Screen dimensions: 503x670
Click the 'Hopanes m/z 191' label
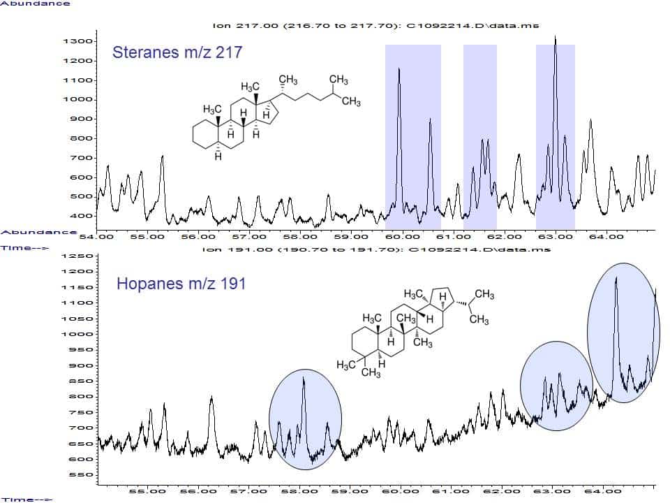(x=181, y=284)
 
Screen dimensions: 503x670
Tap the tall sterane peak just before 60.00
(x=399, y=69)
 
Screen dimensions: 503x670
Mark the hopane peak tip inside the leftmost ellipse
(x=304, y=379)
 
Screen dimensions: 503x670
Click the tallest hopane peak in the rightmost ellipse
(x=616, y=279)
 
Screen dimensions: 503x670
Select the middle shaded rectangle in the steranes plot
(x=479, y=136)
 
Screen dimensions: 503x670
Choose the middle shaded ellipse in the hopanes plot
(x=556, y=386)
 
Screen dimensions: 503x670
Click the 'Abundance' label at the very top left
(x=35, y=3)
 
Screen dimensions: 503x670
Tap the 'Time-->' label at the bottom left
(x=26, y=499)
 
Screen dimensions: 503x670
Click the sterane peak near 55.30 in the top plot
(x=162, y=157)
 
